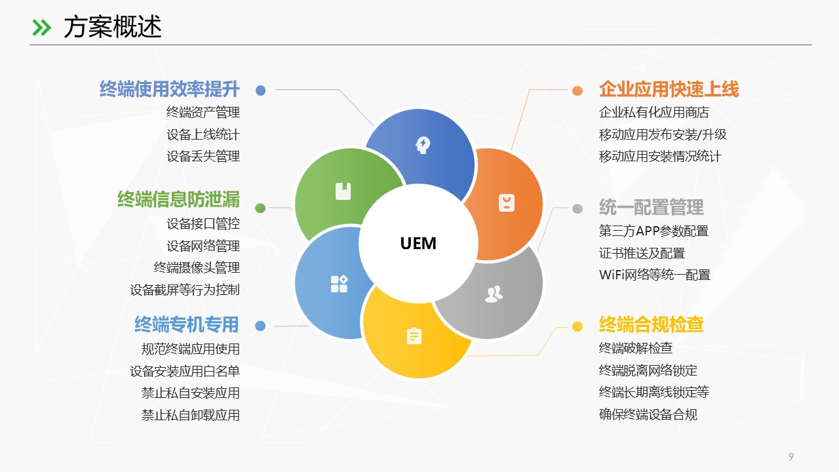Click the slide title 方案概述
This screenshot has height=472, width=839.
click(x=112, y=27)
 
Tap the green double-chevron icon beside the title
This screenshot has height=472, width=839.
click(x=41, y=27)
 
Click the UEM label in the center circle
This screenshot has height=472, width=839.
click(x=418, y=243)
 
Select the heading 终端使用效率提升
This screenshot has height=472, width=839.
click(x=170, y=89)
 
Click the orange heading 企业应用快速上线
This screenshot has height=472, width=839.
click(x=669, y=89)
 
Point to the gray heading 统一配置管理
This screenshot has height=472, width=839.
click(x=651, y=208)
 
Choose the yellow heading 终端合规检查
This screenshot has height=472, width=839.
click(x=651, y=324)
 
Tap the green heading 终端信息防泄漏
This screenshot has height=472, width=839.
click(x=178, y=199)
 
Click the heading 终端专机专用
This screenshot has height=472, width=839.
click(x=186, y=324)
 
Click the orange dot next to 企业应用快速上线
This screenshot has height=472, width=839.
click(x=577, y=90)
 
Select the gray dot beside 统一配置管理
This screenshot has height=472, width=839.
click(x=577, y=208)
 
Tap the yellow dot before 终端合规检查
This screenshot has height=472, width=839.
click(x=577, y=326)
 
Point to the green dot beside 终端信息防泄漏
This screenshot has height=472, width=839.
click(x=260, y=208)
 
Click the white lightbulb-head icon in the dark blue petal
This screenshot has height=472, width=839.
click(x=423, y=144)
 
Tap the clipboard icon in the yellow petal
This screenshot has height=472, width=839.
click(x=414, y=336)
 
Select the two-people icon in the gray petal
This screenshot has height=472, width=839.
click(x=494, y=294)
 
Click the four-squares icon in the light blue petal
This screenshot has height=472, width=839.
click(x=339, y=284)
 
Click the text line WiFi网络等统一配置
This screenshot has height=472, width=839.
click(x=654, y=275)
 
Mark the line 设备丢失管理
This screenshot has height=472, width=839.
click(x=203, y=156)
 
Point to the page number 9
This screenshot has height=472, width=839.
click(x=791, y=457)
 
